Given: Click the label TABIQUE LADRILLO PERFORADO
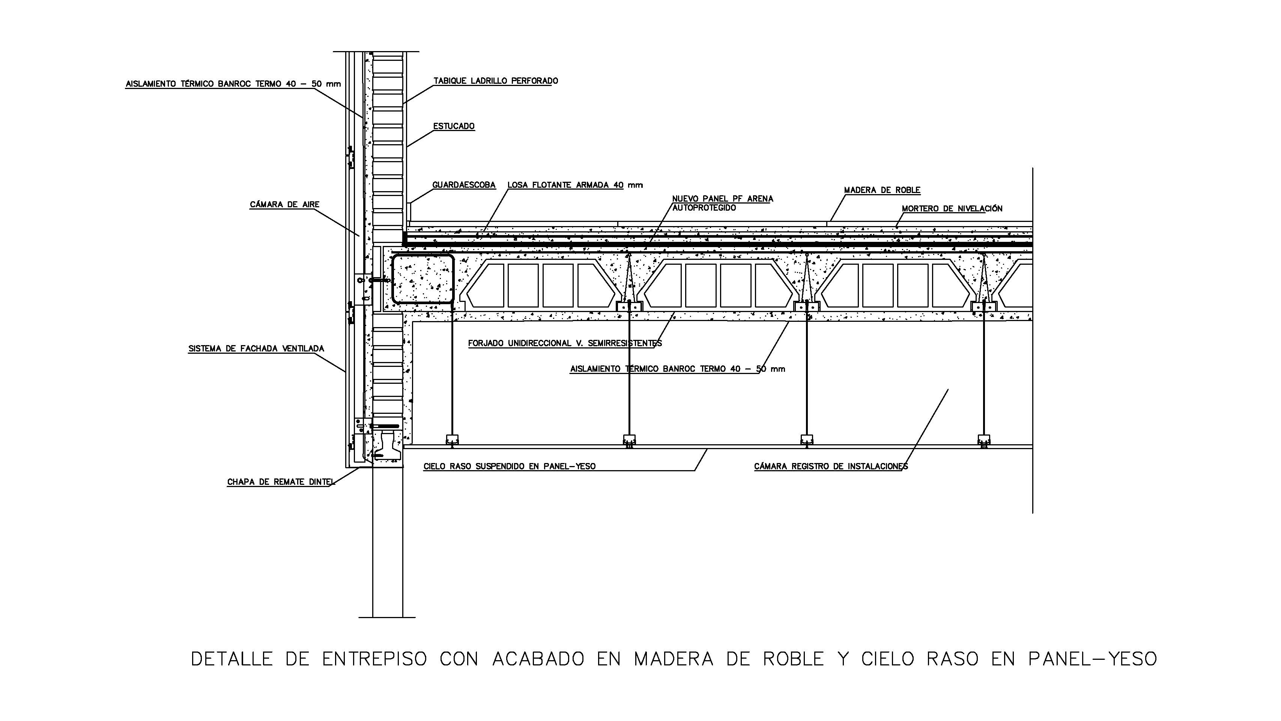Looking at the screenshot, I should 495,81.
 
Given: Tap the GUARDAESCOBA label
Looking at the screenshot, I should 463,185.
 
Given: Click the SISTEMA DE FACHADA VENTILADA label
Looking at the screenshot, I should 256,349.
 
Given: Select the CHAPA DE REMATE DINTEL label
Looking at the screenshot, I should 280,482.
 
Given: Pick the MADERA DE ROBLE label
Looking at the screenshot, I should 882,190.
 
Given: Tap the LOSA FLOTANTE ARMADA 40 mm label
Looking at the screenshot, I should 575,185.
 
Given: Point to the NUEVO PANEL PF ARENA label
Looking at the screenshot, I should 723,199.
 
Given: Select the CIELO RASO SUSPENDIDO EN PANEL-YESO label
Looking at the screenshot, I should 509,467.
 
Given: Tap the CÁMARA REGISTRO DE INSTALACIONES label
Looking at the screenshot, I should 830,467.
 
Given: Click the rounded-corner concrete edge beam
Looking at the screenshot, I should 423,279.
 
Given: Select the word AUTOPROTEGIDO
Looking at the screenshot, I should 704,208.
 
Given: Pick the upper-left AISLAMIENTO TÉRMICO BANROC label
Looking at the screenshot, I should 233,84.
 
